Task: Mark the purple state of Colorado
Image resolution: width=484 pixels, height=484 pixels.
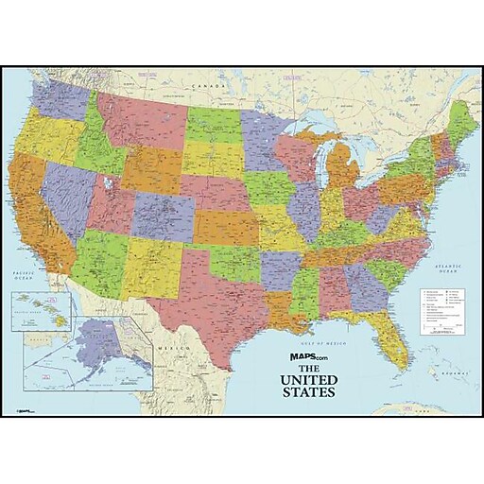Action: [x=162, y=214]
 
